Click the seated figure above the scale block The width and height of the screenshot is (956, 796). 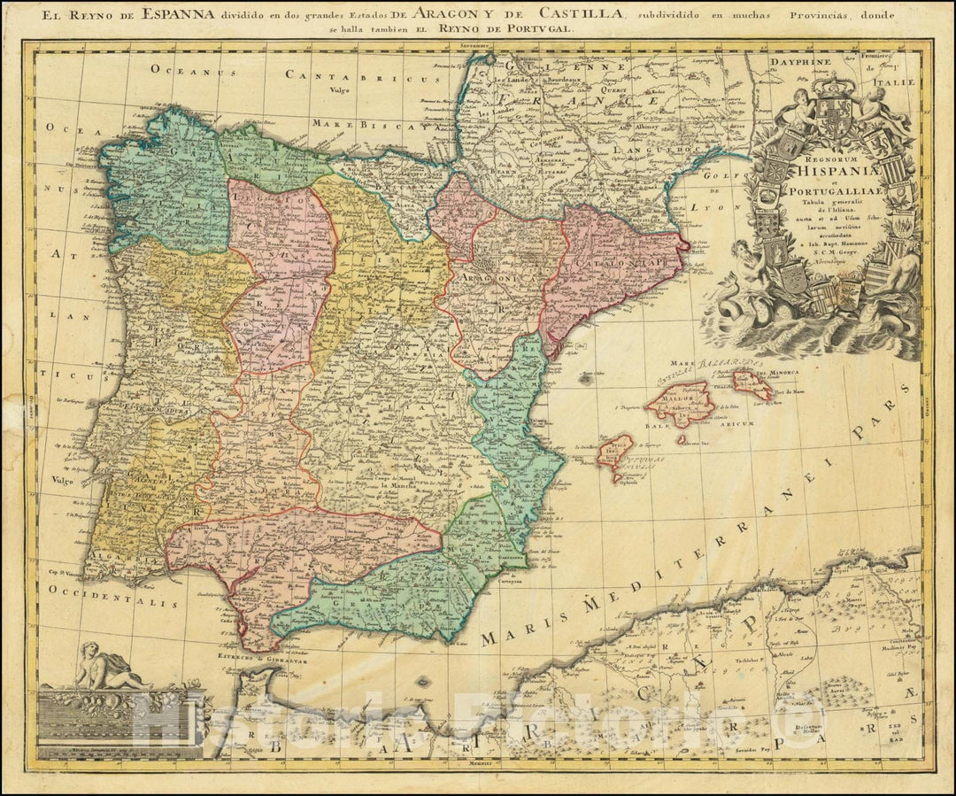112,668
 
